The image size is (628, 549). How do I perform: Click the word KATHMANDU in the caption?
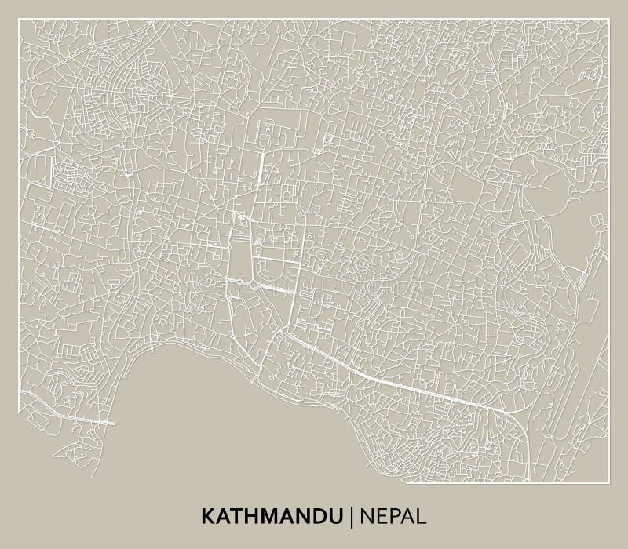coord(272,516)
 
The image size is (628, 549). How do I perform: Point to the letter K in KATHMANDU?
coord(208,516)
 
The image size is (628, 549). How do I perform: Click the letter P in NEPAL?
coord(396,516)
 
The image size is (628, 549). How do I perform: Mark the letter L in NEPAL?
coord(422,516)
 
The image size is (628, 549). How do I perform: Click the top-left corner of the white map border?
coord(19,20)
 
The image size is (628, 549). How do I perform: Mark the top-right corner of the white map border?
coord(609,20)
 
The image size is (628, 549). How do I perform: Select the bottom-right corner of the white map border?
coord(609,482)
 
